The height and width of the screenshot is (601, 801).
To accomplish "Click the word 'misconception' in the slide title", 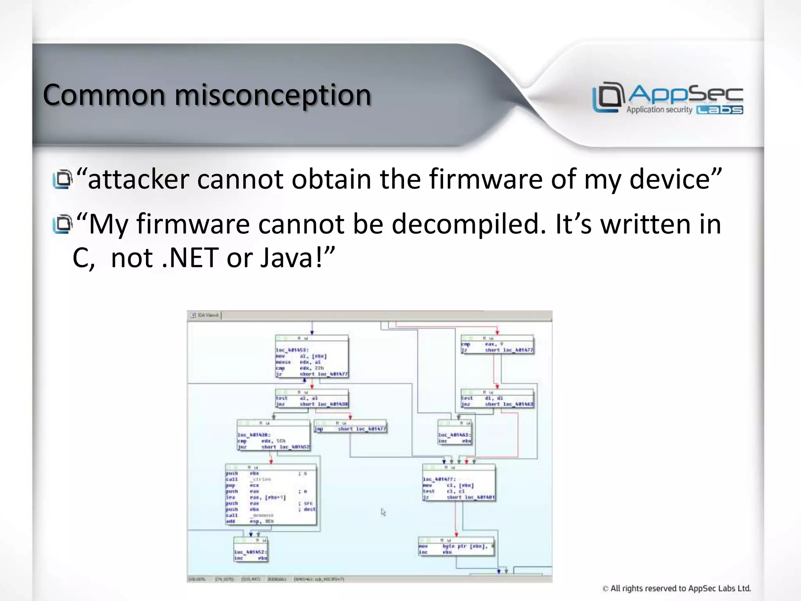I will pyautogui.click(x=273, y=95).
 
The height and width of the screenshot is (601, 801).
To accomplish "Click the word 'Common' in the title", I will pyautogui.click(x=104, y=95).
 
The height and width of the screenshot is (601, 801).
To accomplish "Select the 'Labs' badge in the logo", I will pyautogui.click(x=720, y=110).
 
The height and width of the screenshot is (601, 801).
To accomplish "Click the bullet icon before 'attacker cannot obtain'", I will pyautogui.click(x=63, y=179).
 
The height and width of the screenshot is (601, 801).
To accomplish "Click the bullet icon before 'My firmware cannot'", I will pyautogui.click(x=63, y=224).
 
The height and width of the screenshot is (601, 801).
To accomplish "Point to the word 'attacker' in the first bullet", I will pyautogui.click(x=138, y=179).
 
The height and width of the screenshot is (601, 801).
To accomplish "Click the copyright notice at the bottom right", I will pyautogui.click(x=677, y=588).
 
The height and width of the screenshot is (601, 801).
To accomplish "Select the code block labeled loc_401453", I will pyautogui.click(x=312, y=356).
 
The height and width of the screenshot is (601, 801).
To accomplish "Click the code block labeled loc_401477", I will pyautogui.click(x=459, y=483).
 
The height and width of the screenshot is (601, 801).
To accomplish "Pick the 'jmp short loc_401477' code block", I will pyautogui.click(x=350, y=426).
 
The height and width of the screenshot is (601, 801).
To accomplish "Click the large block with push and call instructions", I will pyautogui.click(x=271, y=495).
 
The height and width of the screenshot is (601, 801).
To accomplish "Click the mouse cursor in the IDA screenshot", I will pyautogui.click(x=383, y=512).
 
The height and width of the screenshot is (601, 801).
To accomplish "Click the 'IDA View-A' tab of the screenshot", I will pyautogui.click(x=205, y=315).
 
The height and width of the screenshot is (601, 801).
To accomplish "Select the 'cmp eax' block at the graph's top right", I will pyautogui.click(x=497, y=345).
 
